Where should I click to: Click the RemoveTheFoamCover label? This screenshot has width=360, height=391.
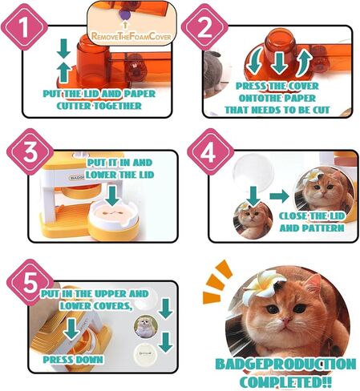click(x=133, y=35)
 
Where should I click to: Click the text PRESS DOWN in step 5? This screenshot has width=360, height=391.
click(x=73, y=360)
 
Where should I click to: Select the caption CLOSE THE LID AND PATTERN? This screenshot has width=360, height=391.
click(x=312, y=222)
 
